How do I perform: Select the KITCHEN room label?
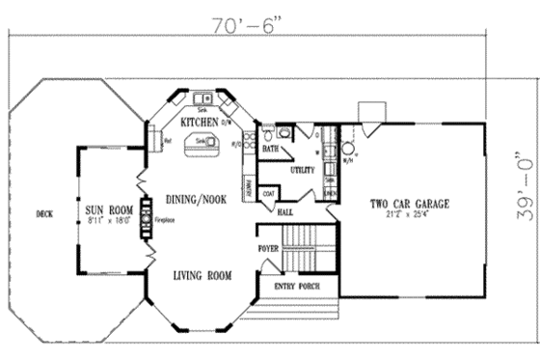(x=200, y=124)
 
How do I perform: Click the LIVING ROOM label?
(x=202, y=277)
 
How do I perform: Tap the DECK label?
(x=41, y=214)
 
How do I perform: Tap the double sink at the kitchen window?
(x=202, y=98)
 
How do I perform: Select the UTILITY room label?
(x=302, y=170)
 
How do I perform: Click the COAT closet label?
(x=269, y=194)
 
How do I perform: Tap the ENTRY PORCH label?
(x=298, y=287)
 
